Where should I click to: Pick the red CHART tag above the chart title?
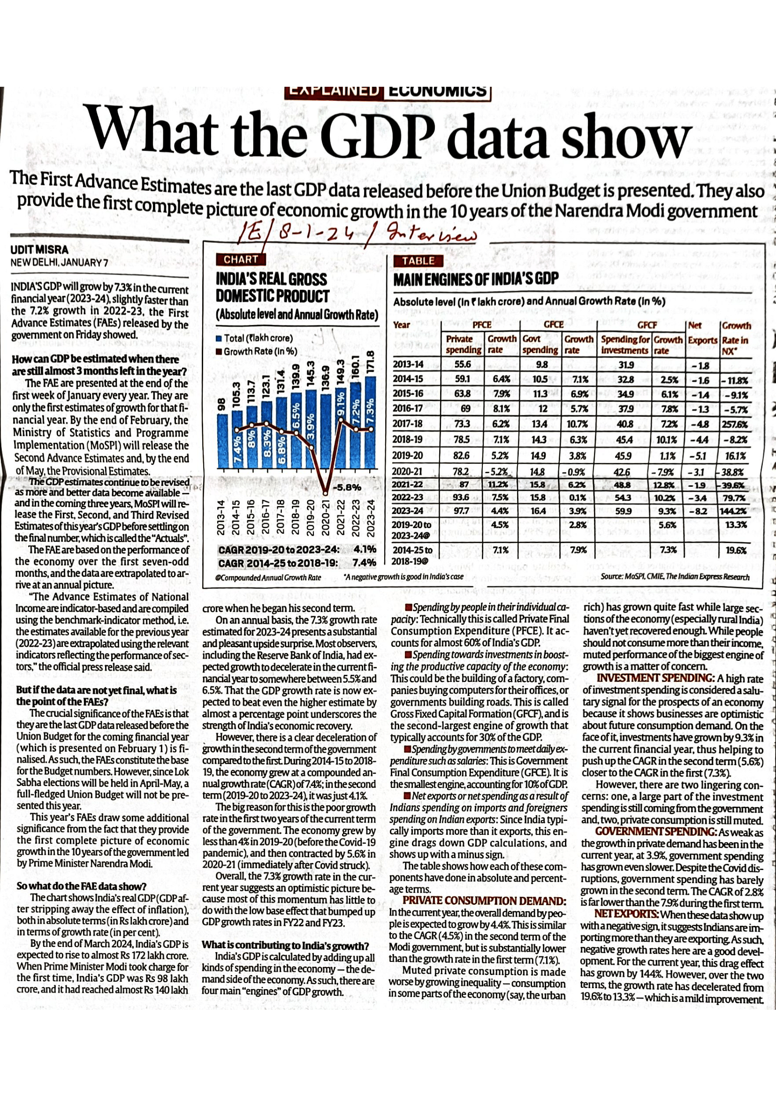[x=241, y=259]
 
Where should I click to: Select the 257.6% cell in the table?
[x=736, y=424]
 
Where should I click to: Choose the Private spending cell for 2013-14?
[x=463, y=364]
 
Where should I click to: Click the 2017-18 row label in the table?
[x=408, y=424]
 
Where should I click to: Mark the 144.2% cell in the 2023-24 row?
[x=736, y=511]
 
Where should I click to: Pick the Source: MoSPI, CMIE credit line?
[x=675, y=577]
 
